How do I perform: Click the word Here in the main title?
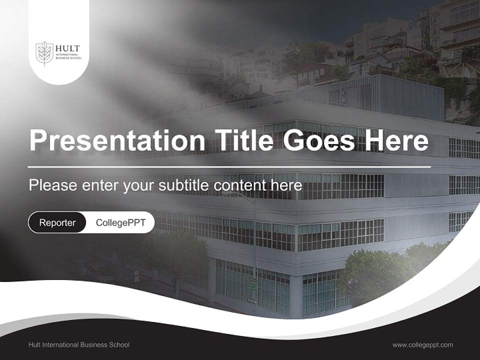click(x=396, y=140)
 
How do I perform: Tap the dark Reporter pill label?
click(x=57, y=222)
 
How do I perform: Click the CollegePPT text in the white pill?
click(x=120, y=222)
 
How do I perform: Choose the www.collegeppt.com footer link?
click(x=422, y=344)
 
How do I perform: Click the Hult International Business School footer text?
click(x=79, y=344)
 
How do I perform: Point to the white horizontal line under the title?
click(x=229, y=166)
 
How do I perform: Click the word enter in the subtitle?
click(x=96, y=185)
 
